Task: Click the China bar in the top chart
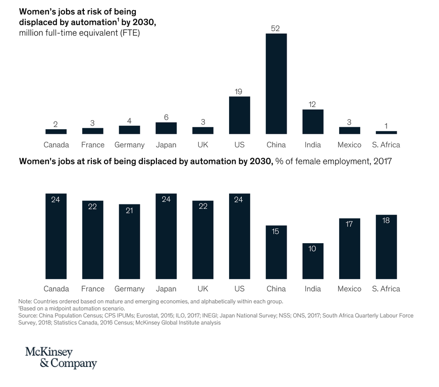click(x=276, y=83)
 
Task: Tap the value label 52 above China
click(x=276, y=28)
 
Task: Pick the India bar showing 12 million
click(x=313, y=122)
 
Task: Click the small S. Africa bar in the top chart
click(x=386, y=132)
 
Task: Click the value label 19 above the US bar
click(x=239, y=91)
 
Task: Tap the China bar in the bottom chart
click(x=276, y=252)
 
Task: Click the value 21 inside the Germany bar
click(x=129, y=210)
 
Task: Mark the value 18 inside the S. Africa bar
click(x=386, y=220)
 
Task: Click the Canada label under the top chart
click(x=56, y=145)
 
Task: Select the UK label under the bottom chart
click(x=203, y=289)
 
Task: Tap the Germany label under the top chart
click(x=129, y=145)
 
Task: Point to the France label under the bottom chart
click(x=93, y=289)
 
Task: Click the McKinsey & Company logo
click(x=61, y=358)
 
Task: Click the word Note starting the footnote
click(x=24, y=301)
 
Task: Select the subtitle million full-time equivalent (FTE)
click(x=79, y=33)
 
